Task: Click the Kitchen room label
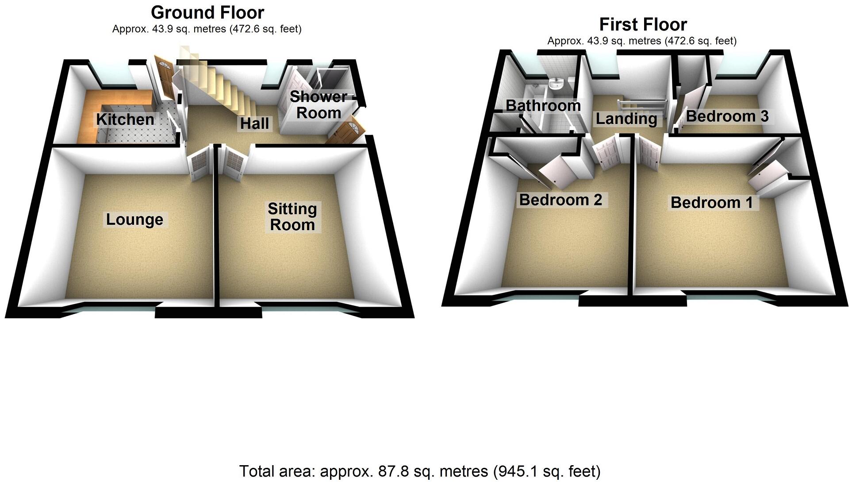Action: [x=125, y=119]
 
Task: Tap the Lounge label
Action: [x=134, y=219]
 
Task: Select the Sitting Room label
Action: [x=292, y=216]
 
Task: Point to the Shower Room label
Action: [x=318, y=104]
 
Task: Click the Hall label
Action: [x=254, y=123]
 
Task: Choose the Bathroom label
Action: [x=543, y=105]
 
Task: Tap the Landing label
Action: [x=626, y=118]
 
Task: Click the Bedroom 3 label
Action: [x=727, y=116]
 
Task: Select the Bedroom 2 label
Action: [x=560, y=200]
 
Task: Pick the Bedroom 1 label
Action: [x=711, y=202]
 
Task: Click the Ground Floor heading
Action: [x=207, y=12]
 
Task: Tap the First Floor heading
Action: [x=643, y=24]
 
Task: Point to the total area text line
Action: [x=419, y=471]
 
